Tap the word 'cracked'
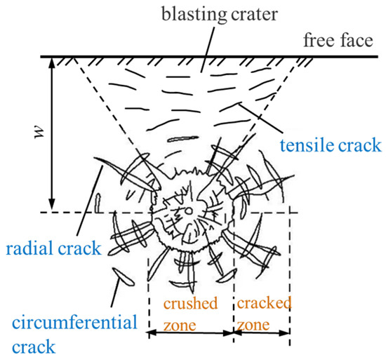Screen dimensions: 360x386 click(263, 303)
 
